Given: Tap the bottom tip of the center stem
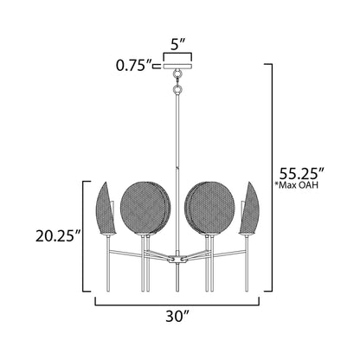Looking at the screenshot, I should pos(180,290).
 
